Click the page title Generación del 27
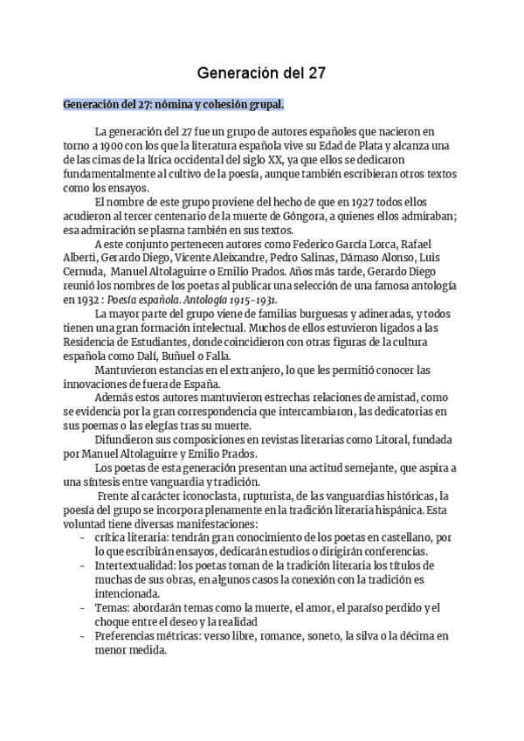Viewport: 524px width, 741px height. pyautogui.click(x=260, y=74)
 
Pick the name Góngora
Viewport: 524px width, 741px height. pyautogui.click(x=330, y=218)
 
